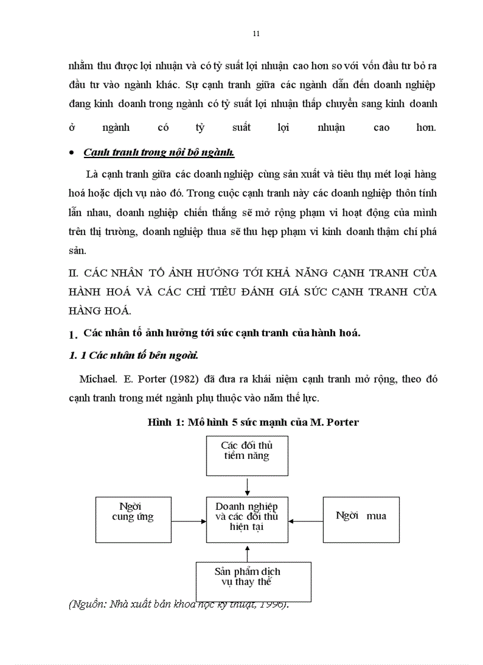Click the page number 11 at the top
click(256, 33)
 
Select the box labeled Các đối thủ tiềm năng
click(247, 455)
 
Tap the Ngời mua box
click(360, 519)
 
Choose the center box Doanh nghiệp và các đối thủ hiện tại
click(247, 519)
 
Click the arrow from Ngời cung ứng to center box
click(188, 521)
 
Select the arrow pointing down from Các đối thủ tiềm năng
click(247, 486)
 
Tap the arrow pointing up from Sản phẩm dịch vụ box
click(247, 552)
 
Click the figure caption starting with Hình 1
click(253, 422)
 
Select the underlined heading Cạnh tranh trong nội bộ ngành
click(159, 152)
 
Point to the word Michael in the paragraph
click(98, 379)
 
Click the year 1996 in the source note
click(272, 604)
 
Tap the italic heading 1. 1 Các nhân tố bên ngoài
click(133, 356)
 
